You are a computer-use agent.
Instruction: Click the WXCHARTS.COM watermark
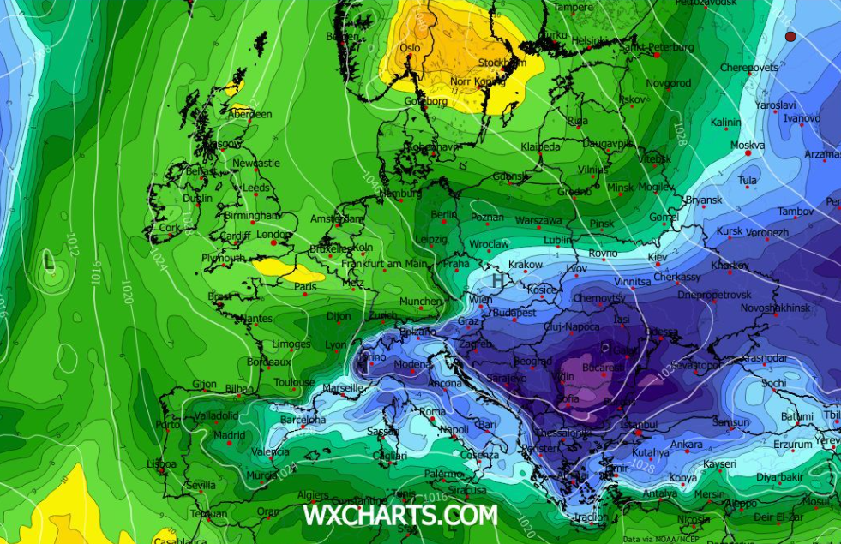[399, 516]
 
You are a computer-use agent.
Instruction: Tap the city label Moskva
[747, 145]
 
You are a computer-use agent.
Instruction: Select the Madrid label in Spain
[229, 435]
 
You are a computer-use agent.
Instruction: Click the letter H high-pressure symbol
[497, 279]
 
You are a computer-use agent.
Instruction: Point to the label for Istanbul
[640, 424]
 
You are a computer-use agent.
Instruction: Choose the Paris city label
[306, 287]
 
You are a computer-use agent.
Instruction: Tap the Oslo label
[411, 48]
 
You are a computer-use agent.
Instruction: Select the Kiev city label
[657, 257]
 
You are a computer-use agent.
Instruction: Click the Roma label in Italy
[432, 412]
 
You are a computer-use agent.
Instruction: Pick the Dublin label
[197, 199]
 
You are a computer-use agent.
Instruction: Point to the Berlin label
[444, 214]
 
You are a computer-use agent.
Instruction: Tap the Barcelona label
[303, 420]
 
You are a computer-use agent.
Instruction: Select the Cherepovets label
[748, 68]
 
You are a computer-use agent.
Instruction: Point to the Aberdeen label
[250, 114]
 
